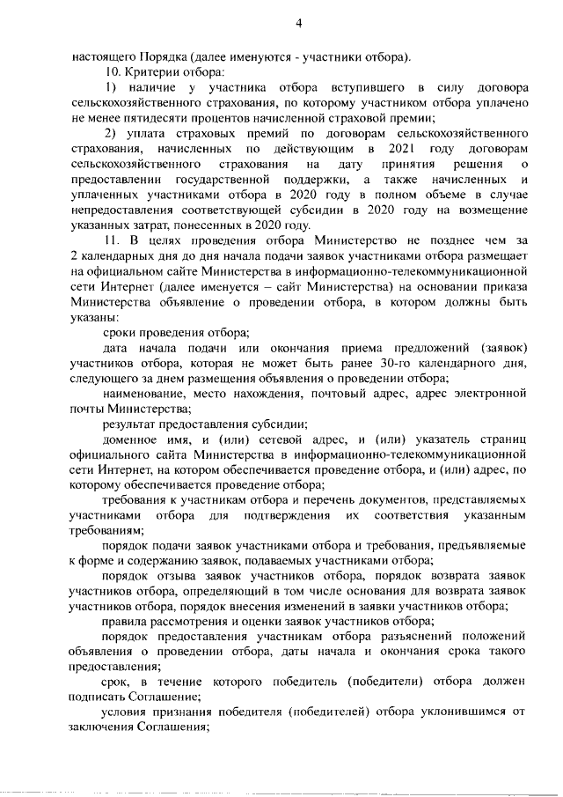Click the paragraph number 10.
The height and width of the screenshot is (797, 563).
[112, 70]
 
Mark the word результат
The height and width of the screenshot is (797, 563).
[132, 424]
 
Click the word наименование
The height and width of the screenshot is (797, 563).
[145, 394]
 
